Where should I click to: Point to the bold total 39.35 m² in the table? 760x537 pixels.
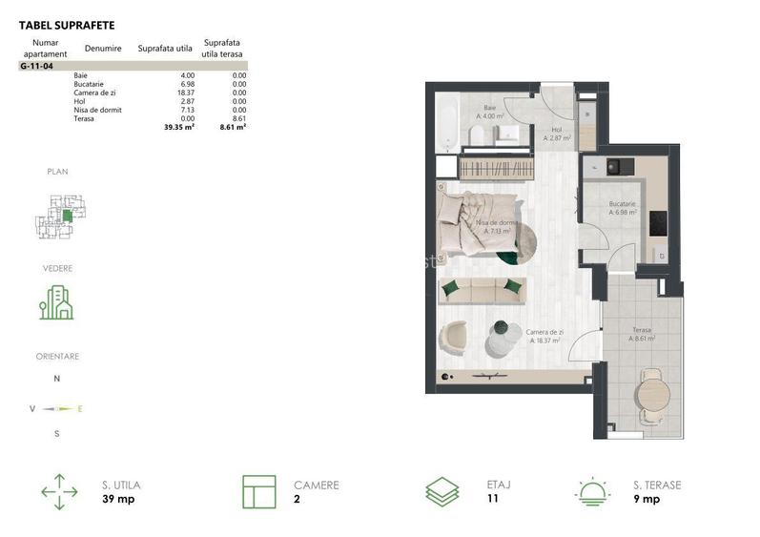[x=178, y=126]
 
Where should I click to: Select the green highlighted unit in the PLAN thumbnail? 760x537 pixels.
[x=67, y=216]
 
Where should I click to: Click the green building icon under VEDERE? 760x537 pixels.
[x=56, y=302]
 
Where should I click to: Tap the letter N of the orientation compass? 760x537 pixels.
[x=56, y=379]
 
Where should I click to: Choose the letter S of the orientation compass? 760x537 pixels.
[x=56, y=433]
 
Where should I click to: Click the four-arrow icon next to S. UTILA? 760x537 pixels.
[x=59, y=492]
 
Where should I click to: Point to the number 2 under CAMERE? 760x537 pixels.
[x=297, y=499]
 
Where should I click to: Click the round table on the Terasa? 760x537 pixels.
[x=651, y=391]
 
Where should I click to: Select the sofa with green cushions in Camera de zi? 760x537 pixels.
[x=483, y=291]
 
